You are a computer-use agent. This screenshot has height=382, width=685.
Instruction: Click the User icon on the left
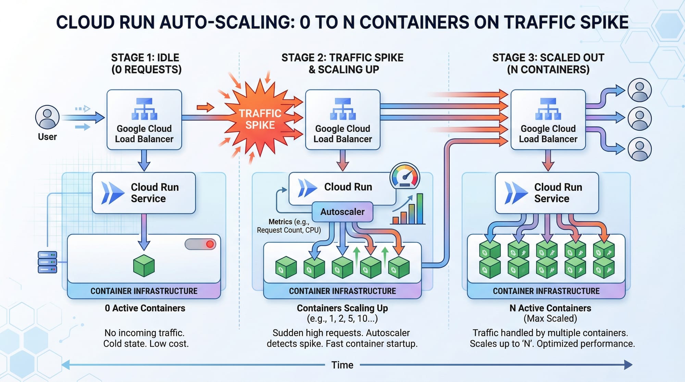coord(47,117)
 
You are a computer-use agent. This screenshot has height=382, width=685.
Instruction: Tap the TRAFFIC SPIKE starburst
coord(260,118)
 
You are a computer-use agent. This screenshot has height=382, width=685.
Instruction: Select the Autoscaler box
coord(342,212)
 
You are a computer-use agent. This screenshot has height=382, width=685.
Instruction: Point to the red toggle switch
coord(200,244)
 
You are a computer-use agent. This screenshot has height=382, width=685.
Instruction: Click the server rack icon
coord(47,262)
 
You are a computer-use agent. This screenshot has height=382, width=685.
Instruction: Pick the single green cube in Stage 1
coord(144,265)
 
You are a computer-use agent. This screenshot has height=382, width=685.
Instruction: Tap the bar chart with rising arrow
coord(408,209)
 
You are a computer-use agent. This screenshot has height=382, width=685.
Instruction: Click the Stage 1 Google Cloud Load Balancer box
coord(144,120)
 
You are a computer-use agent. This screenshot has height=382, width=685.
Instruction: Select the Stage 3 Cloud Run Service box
coord(547,193)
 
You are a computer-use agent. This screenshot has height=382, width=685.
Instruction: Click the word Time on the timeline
coord(342,365)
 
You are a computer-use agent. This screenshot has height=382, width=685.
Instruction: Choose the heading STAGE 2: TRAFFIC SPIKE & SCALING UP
coord(342,63)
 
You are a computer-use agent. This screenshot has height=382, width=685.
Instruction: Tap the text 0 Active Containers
coord(145,308)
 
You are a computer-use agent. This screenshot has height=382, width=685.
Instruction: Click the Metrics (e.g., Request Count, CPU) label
coord(289,226)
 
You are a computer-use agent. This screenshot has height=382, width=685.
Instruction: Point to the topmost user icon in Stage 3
coord(639,90)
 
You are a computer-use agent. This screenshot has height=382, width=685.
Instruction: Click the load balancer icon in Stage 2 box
coord(342,109)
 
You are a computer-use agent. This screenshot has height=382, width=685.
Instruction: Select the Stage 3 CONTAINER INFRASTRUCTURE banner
coord(546,291)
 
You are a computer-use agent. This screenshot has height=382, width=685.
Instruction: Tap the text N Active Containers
coord(550,308)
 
